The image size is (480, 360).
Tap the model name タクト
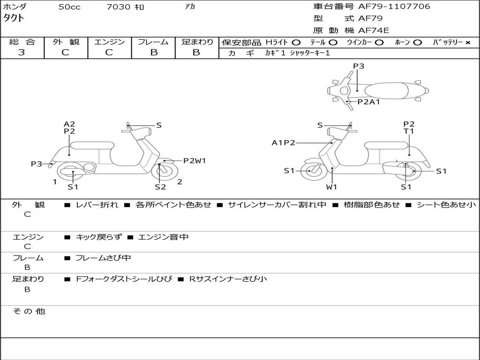point(14,18)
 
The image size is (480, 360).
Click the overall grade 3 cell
point(22,52)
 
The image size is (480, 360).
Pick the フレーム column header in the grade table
point(153,42)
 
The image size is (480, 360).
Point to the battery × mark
point(467,43)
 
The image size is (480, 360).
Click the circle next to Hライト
point(296,43)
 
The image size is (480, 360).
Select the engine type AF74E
point(374,30)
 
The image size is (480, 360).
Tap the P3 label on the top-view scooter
point(359,66)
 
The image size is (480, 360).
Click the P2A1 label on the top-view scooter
point(368,101)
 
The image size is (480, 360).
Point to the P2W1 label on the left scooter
point(194,161)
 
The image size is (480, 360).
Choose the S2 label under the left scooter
point(160,187)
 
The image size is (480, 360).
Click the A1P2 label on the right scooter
point(283,143)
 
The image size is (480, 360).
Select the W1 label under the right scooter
point(332,187)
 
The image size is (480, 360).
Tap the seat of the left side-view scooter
point(92,145)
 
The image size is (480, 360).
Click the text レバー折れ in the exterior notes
point(97,205)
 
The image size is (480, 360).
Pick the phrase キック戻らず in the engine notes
point(98,237)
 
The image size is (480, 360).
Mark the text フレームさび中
point(103,258)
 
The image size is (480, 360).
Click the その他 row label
point(29,311)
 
